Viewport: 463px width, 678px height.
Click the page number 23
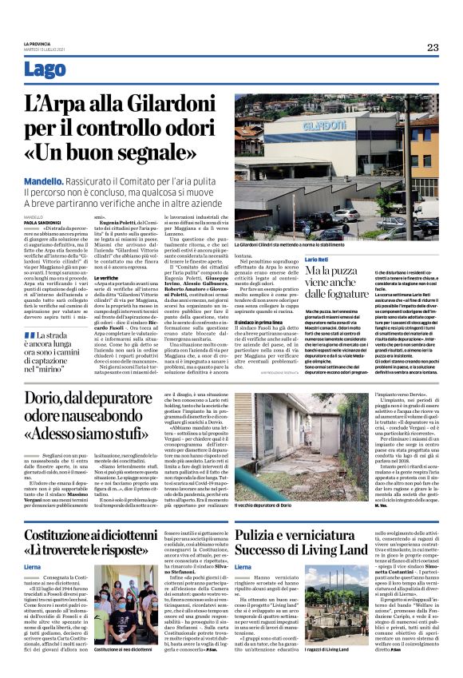point(432,47)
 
